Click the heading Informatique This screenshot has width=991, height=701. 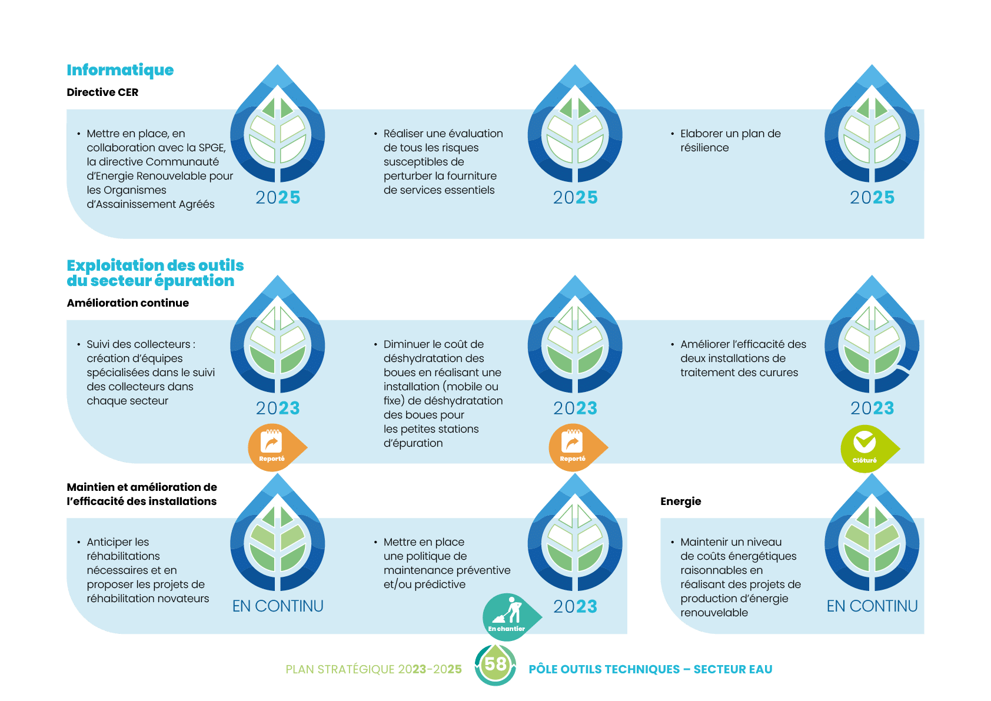pyautogui.click(x=120, y=71)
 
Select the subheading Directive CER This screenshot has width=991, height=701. pyautogui.click(x=102, y=92)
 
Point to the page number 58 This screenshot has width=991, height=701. pyautogui.click(x=495, y=665)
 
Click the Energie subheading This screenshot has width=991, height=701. pyautogui.click(x=681, y=501)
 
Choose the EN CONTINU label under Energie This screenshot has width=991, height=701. pyautogui.click(x=872, y=606)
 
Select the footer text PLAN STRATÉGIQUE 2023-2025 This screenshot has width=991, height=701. pyautogui.click(x=374, y=670)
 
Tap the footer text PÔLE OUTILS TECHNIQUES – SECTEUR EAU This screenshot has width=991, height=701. pyautogui.click(x=650, y=670)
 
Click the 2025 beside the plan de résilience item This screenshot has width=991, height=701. pyautogui.click(x=872, y=198)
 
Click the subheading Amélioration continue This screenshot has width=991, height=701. pyautogui.click(x=128, y=303)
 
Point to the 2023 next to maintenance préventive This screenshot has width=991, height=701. pyautogui.click(x=575, y=607)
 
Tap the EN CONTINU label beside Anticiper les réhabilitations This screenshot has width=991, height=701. pyautogui.click(x=278, y=606)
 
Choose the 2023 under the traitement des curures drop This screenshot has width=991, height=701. pyautogui.click(x=872, y=408)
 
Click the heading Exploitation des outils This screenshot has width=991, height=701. pyautogui.click(x=155, y=265)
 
